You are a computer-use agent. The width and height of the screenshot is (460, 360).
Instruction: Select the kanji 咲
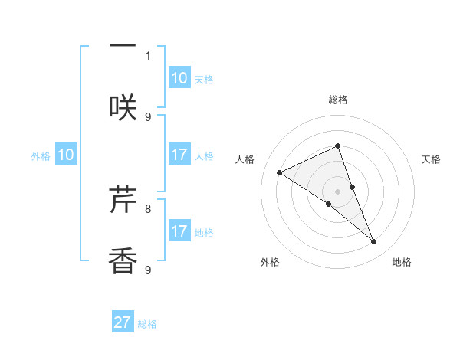click(x=123, y=107)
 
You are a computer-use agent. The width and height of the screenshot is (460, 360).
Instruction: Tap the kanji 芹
click(x=123, y=200)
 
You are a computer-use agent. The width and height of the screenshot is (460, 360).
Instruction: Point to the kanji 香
click(x=123, y=261)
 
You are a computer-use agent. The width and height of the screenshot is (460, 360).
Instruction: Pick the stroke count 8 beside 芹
click(x=148, y=208)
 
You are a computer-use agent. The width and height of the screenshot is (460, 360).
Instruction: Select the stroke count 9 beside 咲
click(x=148, y=116)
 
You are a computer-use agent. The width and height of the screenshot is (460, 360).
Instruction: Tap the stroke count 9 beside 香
click(x=148, y=270)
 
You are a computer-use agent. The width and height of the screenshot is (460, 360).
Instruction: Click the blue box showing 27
click(x=123, y=322)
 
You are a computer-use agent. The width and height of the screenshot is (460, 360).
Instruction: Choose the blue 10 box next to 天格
click(x=179, y=78)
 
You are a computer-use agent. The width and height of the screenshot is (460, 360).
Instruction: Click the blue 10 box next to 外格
click(x=66, y=155)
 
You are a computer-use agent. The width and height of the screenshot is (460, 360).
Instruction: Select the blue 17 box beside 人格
click(x=179, y=155)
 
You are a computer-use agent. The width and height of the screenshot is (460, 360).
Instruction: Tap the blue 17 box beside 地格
click(x=179, y=231)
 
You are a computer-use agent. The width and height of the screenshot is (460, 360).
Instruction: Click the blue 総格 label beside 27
click(x=147, y=324)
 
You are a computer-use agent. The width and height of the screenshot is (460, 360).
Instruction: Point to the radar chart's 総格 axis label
click(x=338, y=100)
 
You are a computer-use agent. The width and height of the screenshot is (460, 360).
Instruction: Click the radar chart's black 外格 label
click(x=270, y=262)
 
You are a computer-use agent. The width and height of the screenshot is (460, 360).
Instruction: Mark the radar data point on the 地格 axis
click(x=374, y=242)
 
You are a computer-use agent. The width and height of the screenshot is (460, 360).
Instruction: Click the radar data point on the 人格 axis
click(x=280, y=172)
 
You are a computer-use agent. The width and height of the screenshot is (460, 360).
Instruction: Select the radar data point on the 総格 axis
click(x=338, y=146)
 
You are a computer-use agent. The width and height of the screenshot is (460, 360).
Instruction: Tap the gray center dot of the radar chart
click(x=338, y=191)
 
